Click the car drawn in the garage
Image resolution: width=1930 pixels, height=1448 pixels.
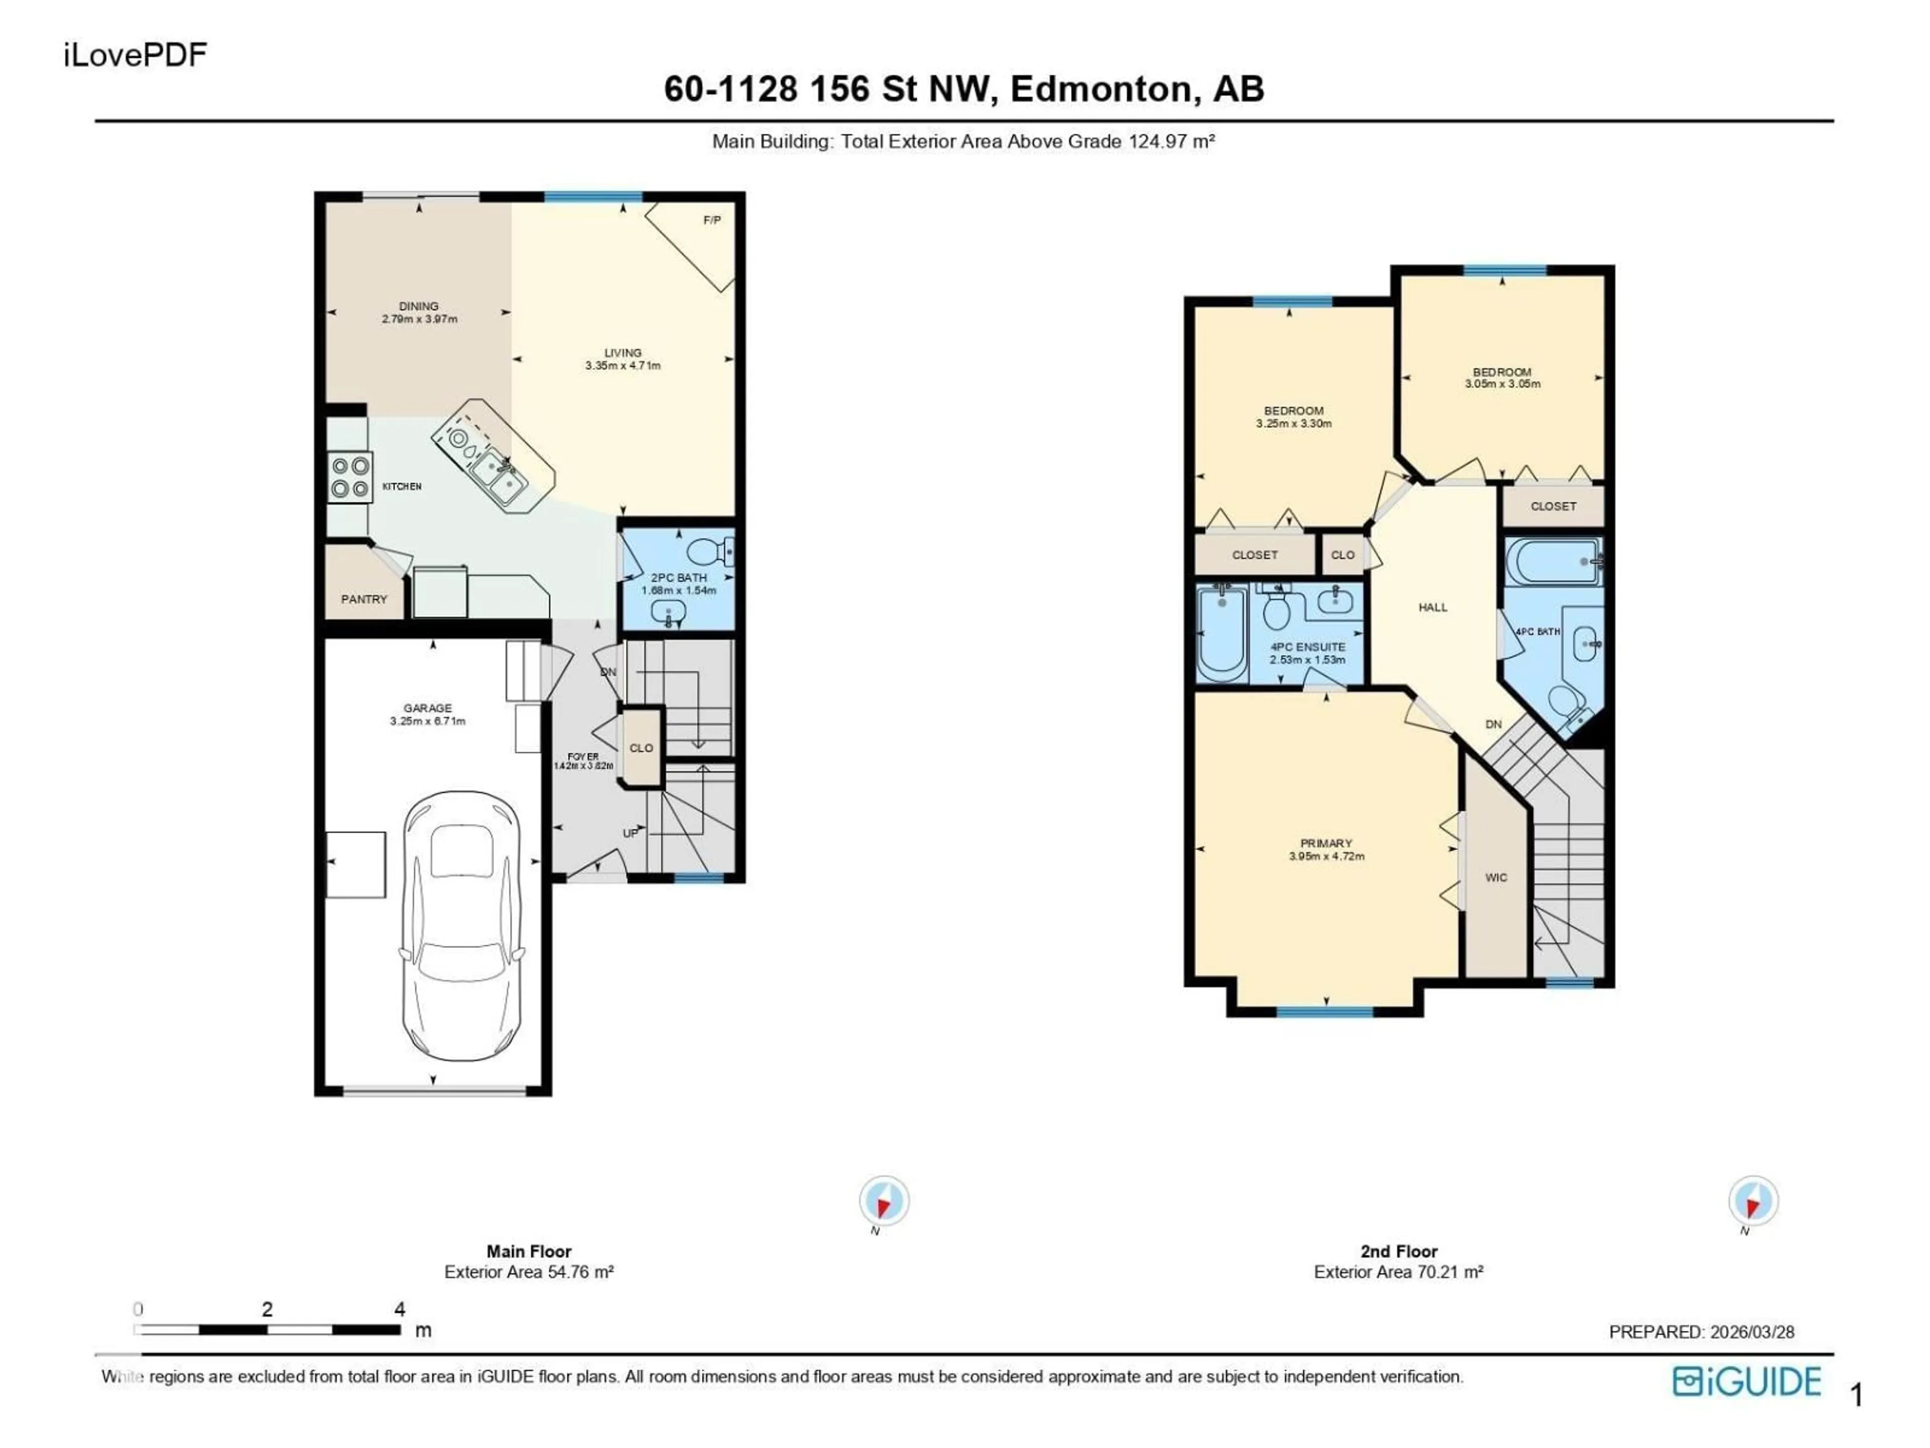[461, 925]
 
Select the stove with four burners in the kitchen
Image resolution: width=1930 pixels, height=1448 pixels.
[350, 478]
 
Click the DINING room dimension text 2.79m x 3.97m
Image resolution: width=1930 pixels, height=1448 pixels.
[419, 319]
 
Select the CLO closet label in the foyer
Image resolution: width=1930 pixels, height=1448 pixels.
[641, 748]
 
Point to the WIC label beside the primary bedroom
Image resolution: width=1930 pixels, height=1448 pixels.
[1495, 878]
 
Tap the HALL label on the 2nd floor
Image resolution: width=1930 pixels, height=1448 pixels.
[1432, 607]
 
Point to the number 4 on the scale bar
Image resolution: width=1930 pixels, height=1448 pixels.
[400, 1309]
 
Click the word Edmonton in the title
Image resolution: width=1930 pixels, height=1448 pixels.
[1102, 89]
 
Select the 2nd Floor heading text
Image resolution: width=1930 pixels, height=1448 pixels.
[1399, 1251]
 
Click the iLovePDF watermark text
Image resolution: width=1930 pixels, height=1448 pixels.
[135, 55]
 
